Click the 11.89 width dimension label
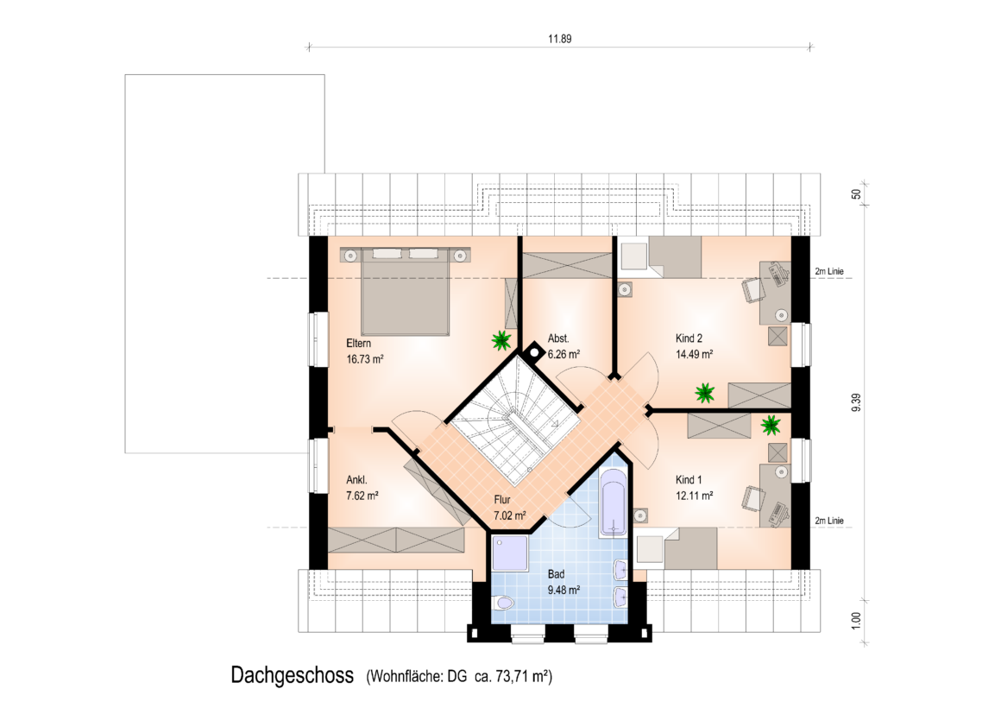click(x=559, y=39)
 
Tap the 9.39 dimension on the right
click(x=856, y=402)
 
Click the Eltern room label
click(x=358, y=343)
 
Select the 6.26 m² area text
click(x=563, y=354)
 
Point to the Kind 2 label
click(x=689, y=338)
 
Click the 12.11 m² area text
click(x=694, y=496)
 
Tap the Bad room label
click(x=556, y=574)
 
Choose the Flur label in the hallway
click(x=501, y=500)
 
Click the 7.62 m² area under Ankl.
click(x=362, y=496)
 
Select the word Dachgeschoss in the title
click(x=292, y=675)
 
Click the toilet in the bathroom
click(x=503, y=603)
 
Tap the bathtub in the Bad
click(x=614, y=503)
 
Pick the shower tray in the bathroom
click(x=510, y=553)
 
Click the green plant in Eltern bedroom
click(x=501, y=340)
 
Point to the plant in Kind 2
click(x=705, y=393)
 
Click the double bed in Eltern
click(x=405, y=291)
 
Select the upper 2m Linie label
click(x=828, y=272)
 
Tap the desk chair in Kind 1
click(x=754, y=498)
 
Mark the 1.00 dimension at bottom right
click(x=856, y=621)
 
